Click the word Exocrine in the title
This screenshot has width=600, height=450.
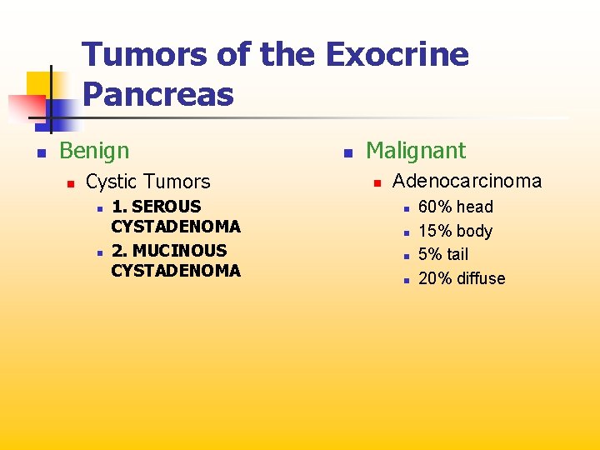397,56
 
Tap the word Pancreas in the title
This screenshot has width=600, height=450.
158,94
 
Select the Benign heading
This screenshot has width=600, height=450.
94,151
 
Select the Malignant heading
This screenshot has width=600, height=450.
416,151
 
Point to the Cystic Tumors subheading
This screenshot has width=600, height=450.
148,182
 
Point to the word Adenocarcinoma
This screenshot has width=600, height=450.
467,181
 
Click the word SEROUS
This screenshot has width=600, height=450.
167,207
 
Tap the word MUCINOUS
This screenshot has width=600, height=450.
179,251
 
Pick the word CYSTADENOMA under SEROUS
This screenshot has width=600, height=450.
176,227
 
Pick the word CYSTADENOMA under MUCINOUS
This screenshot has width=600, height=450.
176,271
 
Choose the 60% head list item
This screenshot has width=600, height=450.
455,207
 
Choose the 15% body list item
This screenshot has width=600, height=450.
455,231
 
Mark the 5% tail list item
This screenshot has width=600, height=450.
443,254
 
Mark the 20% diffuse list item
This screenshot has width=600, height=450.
462,278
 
